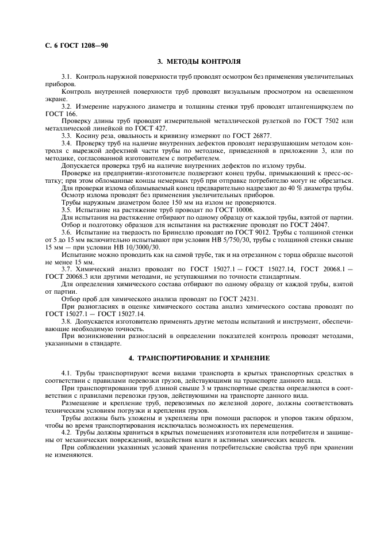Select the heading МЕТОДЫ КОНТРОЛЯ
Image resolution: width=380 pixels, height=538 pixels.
coord(198,60)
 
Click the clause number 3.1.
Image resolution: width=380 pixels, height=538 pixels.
coord(67,76)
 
